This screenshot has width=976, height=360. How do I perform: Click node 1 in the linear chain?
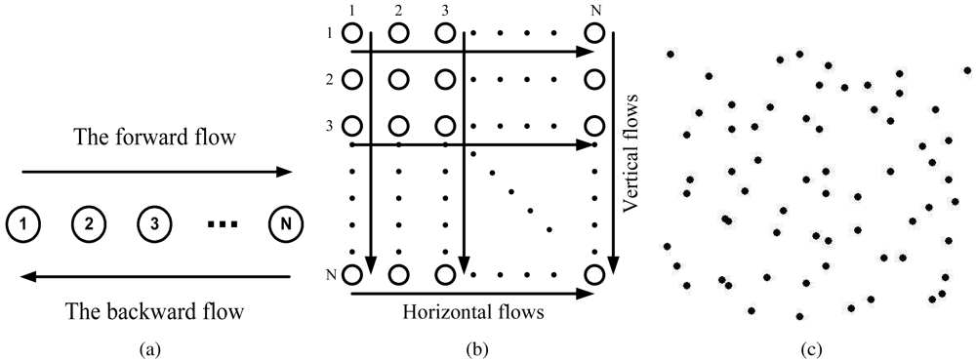pos(22,224)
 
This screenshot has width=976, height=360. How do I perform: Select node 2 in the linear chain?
pos(88,224)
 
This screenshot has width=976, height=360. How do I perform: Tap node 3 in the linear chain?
pos(154,224)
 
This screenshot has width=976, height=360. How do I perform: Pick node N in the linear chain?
pos(285,224)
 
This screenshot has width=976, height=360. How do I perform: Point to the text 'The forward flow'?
pos(155,139)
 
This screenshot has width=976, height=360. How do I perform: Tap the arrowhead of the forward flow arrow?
pos(286,173)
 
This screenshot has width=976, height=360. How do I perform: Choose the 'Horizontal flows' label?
pos(472,312)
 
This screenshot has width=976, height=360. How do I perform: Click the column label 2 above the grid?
pos(398,11)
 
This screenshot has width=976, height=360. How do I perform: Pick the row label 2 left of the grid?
pos(333,79)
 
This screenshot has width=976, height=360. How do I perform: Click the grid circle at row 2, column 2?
pos(398,79)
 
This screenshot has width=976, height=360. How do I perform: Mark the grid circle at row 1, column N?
pos(593,33)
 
